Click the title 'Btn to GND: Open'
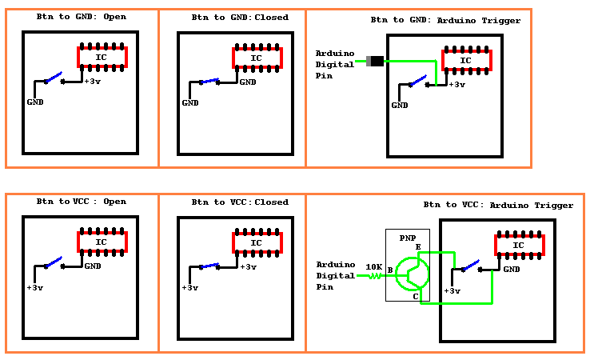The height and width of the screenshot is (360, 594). [81, 17]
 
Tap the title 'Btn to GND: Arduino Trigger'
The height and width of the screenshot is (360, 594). [445, 20]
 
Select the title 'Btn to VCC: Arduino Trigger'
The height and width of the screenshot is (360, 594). [498, 206]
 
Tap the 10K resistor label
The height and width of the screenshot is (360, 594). [373, 266]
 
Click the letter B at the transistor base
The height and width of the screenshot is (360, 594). [390, 271]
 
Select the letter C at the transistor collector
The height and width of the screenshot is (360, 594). [415, 297]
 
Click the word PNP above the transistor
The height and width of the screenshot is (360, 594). [408, 238]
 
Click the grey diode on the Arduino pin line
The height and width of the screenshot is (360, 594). [373, 61]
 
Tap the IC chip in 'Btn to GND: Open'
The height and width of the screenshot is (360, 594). [101, 57]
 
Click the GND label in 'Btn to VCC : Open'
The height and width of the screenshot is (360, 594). [93, 266]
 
